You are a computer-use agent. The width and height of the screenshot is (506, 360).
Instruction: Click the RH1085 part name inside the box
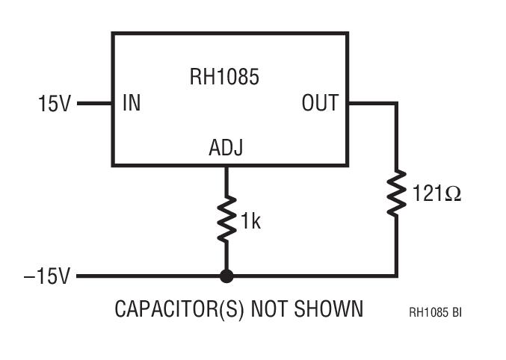point(223,76)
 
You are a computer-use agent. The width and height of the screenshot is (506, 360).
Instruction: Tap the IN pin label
point(132,103)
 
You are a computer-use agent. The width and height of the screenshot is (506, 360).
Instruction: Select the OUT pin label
point(320,103)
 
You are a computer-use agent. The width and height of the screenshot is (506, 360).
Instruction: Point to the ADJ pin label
point(225,149)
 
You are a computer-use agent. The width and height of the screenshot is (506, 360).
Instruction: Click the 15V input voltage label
point(54,104)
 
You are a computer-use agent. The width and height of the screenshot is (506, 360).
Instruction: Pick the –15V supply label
point(46,277)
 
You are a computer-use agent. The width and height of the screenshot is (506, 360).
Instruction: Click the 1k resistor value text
point(250,221)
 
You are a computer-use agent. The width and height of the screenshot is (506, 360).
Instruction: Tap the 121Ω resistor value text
point(436,194)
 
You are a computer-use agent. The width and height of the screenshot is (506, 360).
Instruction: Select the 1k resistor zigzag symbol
point(226,218)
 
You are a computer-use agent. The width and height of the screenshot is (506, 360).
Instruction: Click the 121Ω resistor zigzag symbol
point(396,192)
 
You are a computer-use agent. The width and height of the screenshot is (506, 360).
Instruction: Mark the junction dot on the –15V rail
point(226,276)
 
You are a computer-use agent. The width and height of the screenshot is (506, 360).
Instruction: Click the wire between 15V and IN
point(94,104)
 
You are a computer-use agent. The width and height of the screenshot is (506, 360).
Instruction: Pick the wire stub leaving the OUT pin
point(371,104)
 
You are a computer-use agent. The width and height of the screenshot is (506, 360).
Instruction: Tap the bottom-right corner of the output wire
point(396,276)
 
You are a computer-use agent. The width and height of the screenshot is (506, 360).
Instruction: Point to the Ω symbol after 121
point(453,194)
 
